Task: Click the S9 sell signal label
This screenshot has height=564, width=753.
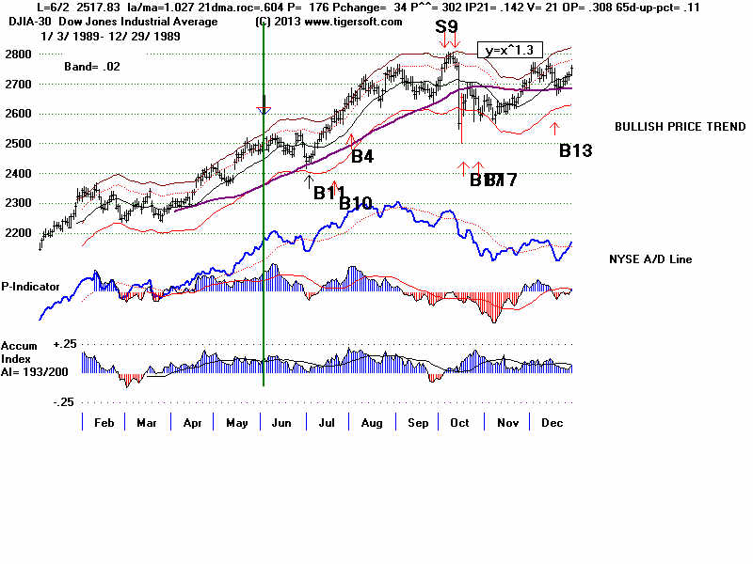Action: click(448, 26)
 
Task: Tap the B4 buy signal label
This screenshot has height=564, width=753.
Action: click(362, 156)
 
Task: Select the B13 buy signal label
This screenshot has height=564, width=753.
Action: click(575, 149)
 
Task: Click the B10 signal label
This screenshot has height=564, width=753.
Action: click(356, 203)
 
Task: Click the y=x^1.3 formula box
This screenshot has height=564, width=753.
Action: click(508, 50)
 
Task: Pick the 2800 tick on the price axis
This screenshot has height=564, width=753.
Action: click(19, 55)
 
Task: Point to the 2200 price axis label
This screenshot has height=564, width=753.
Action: click(19, 233)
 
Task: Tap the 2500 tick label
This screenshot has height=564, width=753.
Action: click(19, 144)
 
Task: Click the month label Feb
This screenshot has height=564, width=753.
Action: click(104, 423)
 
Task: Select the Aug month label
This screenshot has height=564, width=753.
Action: click(372, 423)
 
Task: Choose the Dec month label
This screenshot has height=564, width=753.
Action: click(552, 423)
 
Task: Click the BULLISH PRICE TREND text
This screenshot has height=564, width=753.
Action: click(667, 127)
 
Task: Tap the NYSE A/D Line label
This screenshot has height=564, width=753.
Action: click(651, 258)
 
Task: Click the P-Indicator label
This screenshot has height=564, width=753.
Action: click(31, 285)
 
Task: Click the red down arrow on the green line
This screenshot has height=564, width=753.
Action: click(264, 110)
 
